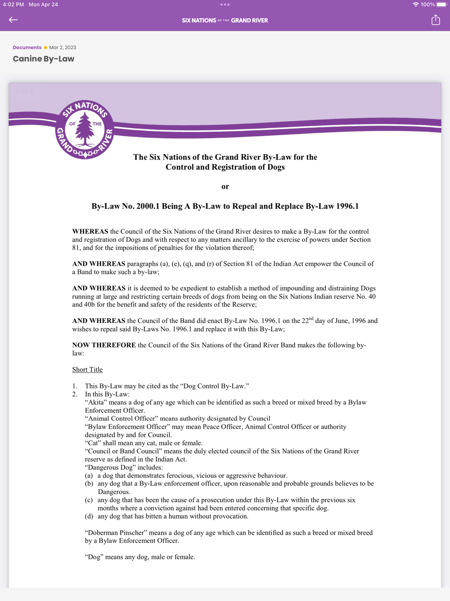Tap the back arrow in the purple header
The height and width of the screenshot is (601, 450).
[x=13, y=20]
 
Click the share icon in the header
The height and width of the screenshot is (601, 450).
[x=435, y=20]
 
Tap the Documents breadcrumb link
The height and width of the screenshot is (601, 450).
[x=27, y=47]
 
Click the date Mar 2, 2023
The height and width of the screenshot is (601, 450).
[x=63, y=47]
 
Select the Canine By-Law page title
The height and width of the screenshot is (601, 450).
[x=44, y=59]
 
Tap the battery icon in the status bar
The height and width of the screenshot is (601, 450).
[x=441, y=5]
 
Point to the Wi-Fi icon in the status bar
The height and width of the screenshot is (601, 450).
[x=415, y=5]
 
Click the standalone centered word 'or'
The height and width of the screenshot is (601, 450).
[x=225, y=187]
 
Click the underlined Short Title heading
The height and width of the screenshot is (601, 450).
[x=87, y=369]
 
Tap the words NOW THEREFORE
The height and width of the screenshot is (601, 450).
[x=104, y=345]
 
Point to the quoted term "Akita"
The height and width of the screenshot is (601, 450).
[x=95, y=402]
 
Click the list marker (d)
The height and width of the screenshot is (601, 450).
[x=89, y=516]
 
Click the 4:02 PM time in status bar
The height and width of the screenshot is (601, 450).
[x=13, y=5]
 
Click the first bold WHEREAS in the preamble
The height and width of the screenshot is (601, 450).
[x=90, y=232]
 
